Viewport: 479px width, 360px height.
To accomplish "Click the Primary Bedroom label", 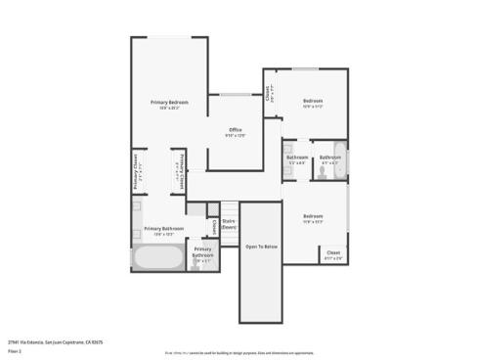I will coord(169,104).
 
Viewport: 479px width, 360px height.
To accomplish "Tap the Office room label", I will coord(235,131).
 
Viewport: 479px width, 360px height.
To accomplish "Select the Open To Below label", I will coord(261,247).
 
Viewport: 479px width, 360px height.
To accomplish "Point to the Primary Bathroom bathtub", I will coord(156,260).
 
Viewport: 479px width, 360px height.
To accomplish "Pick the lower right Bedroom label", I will coord(312,217).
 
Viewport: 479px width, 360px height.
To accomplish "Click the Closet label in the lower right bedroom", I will coord(333,254).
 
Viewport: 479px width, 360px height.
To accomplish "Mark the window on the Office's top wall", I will coord(235,94).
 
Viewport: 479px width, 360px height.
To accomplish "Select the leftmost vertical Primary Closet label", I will coord(135,171).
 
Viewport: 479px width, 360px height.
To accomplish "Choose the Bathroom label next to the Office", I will coord(296,158).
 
